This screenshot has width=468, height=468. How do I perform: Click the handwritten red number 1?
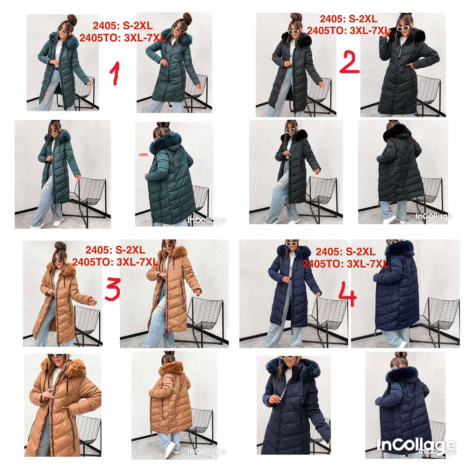(x=115, y=73)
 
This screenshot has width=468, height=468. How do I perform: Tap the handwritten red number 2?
(x=349, y=62)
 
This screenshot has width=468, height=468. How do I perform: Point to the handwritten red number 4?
(x=348, y=294)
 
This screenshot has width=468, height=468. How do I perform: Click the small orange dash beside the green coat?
(x=144, y=154)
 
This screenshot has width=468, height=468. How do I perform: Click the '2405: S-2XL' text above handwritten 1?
(x=123, y=26)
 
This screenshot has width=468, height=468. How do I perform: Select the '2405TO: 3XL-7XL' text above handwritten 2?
(x=348, y=30)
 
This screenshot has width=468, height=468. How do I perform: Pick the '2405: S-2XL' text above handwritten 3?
(x=115, y=250)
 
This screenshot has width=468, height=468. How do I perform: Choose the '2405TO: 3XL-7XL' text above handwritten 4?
(x=345, y=263)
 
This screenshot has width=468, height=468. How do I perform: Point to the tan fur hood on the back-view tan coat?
(x=171, y=368)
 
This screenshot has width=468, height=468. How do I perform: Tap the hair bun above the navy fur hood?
(x=401, y=356)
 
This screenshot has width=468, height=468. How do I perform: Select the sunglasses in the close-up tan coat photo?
(x=56, y=356)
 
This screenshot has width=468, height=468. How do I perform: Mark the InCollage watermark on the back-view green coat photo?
(x=206, y=220)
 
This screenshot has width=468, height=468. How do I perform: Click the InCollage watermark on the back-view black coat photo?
(x=434, y=216)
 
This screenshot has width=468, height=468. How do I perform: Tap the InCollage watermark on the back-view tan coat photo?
(x=206, y=451)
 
